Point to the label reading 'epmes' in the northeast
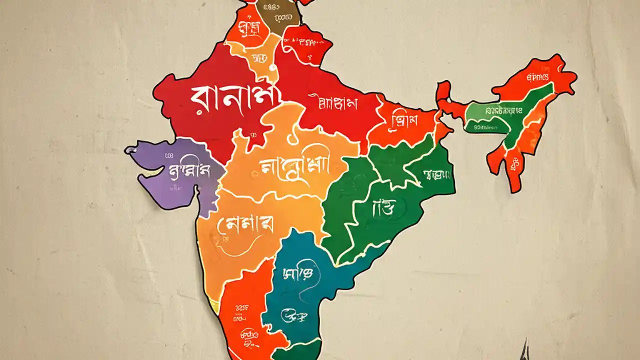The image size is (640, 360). [x=537, y=77]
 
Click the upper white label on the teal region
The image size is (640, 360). [x=298, y=272]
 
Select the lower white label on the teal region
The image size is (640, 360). [x=295, y=315]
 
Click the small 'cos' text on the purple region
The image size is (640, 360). [x=168, y=156]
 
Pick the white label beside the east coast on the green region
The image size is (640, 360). [x=436, y=174]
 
